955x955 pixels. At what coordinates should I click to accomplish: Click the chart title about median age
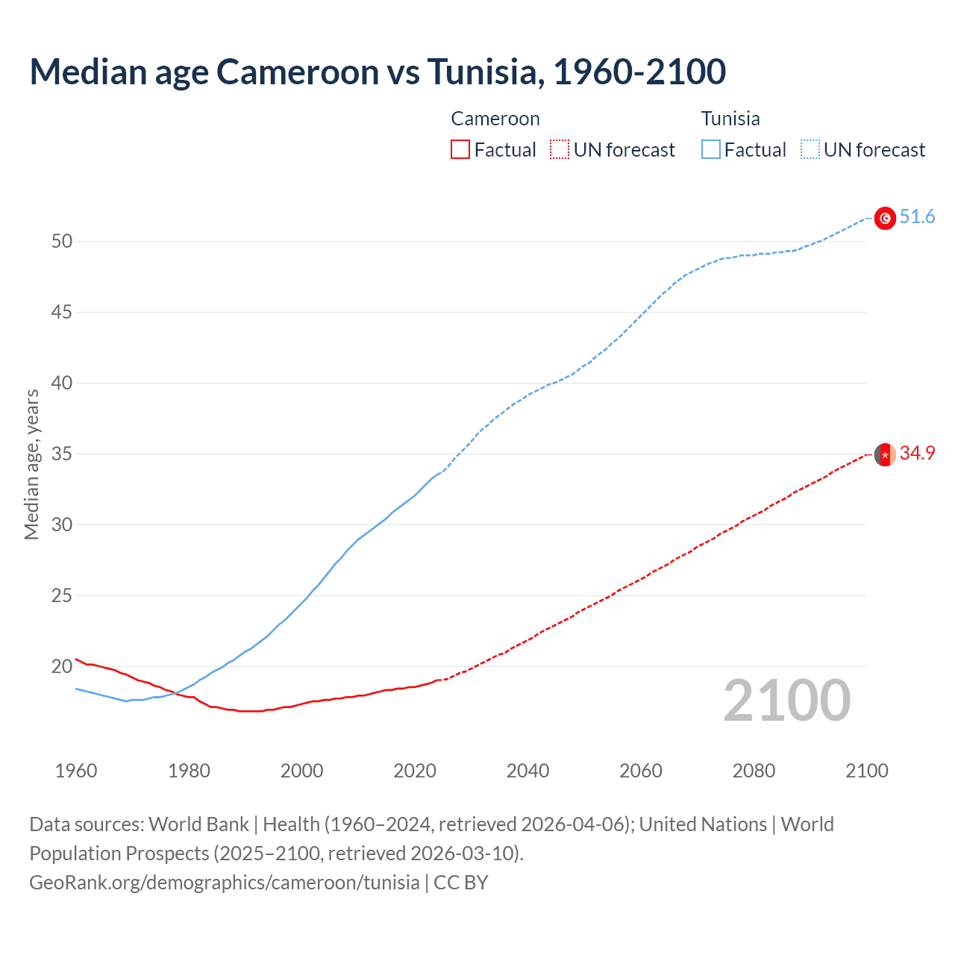tap(378, 72)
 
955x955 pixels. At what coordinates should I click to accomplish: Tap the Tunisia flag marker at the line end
tap(885, 218)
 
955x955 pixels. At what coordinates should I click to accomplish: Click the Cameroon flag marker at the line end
tap(885, 454)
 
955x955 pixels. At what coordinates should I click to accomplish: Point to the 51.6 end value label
tap(917, 217)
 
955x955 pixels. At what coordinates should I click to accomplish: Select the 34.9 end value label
tap(917, 454)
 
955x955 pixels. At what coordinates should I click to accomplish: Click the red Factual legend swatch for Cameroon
tap(460, 150)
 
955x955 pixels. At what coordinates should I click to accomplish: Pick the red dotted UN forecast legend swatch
tap(560, 150)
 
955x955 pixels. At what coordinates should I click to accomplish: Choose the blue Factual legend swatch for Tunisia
tap(711, 150)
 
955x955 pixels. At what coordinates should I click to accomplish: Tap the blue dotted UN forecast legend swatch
tap(810, 150)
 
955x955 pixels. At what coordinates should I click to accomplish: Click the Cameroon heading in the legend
tap(495, 119)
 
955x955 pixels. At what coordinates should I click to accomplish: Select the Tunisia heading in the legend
tap(730, 119)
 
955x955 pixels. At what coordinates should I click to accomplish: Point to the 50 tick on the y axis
tap(62, 242)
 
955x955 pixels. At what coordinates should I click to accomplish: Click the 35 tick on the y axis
tap(62, 454)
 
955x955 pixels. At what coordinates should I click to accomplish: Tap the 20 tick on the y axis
tap(62, 667)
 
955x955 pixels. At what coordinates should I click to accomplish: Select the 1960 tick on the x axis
tap(76, 771)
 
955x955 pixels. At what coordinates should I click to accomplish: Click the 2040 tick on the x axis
tap(528, 771)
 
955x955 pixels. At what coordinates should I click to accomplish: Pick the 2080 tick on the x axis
tap(754, 771)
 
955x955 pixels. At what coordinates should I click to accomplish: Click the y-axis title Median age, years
tap(32, 464)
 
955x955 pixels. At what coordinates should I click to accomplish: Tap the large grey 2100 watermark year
tap(787, 701)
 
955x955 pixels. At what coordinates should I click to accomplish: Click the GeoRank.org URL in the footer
tap(224, 883)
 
